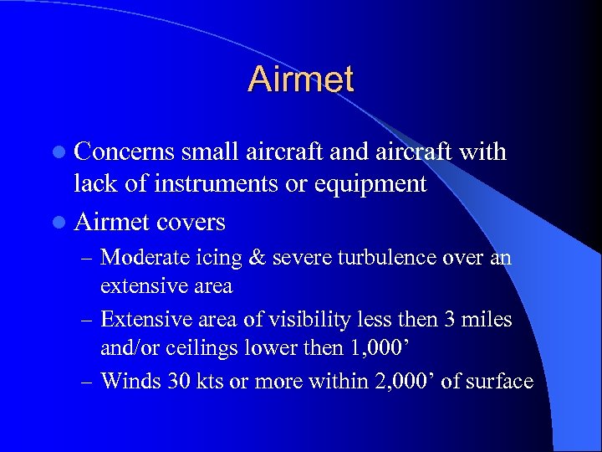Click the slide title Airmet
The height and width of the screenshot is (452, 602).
(x=301, y=80)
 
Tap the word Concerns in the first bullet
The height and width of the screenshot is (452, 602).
(x=123, y=152)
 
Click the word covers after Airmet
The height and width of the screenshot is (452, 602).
(x=191, y=222)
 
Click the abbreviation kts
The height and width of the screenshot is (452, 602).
(x=206, y=381)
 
